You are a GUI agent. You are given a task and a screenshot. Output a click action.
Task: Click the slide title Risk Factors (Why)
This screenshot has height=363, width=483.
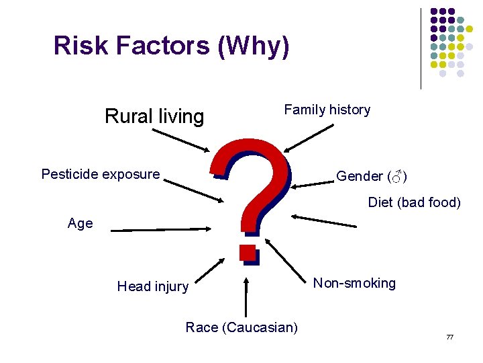coord(172,46)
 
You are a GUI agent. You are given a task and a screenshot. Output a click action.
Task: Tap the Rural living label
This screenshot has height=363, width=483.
coord(154,116)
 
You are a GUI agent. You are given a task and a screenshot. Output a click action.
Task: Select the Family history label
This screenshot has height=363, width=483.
coord(327,110)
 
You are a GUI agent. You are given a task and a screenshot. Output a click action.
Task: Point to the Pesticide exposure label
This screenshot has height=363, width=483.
coord(101,175)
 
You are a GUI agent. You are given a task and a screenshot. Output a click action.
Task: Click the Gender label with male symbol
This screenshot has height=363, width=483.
coord(371,176)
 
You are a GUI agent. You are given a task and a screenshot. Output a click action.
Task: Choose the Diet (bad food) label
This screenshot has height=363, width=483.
coord(414,202)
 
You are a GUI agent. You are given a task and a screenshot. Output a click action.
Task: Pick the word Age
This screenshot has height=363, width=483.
coord(80,223)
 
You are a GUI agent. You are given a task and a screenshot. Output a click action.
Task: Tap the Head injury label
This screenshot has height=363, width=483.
coord(152,286)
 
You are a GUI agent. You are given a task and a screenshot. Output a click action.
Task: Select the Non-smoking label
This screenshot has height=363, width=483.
coord(354,283)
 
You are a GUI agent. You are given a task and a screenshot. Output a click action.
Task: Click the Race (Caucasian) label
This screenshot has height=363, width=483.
coord(241,327)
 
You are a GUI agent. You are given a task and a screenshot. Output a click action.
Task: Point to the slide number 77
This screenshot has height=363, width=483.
coord(450,336)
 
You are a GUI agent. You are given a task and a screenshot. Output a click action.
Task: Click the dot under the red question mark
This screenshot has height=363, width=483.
coord(248,253)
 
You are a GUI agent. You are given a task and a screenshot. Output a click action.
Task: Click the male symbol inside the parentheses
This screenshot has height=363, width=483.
coord(397,177)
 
